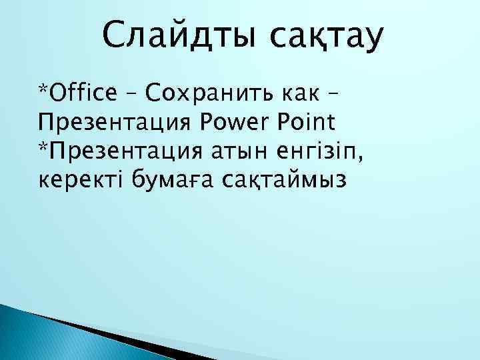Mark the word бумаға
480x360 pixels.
173,181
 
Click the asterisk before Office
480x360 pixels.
43,89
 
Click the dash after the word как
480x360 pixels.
347,95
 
